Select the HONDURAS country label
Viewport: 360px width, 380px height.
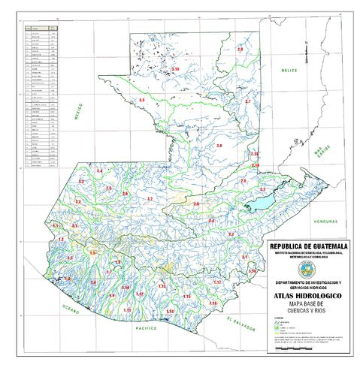pos(326,222)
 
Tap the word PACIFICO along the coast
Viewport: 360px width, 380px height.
pos(146,329)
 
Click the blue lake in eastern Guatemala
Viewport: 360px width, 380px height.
pos(259,203)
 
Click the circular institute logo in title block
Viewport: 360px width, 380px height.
pos(307,269)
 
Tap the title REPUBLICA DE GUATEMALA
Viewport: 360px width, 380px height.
pos(307,246)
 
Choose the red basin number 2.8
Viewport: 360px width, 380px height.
pos(241,49)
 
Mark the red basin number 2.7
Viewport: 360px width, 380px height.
pos(248,101)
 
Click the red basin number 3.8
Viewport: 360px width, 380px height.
pos(219,145)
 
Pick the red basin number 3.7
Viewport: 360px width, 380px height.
pos(150,198)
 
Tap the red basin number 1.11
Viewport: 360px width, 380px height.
pos(129,309)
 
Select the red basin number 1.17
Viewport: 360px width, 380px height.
pos(216,282)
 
